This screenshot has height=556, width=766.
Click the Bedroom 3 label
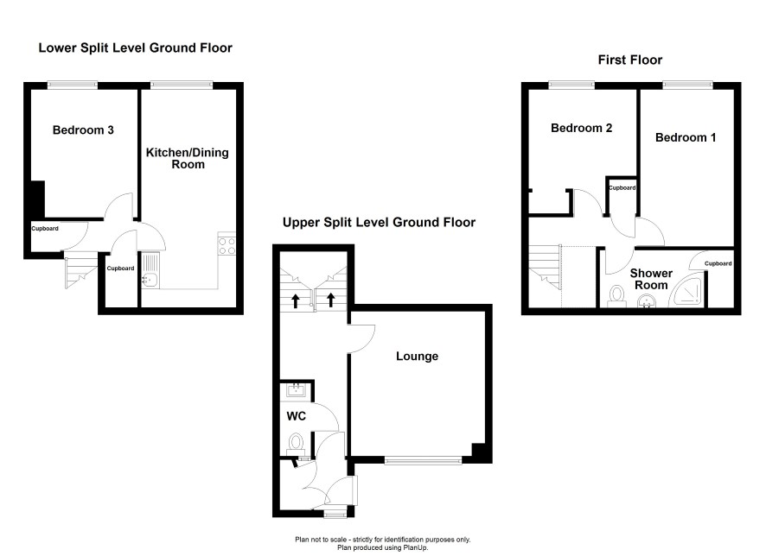coord(83,130)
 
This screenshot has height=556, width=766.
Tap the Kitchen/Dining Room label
coord(188,158)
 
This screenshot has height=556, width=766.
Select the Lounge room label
coord(417,356)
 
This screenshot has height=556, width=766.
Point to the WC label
coord(296,415)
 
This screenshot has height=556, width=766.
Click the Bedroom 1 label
coord(686,137)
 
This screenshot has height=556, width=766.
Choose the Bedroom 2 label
coord(581,128)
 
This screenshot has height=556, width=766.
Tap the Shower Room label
coord(651,279)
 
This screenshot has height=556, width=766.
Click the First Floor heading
coord(630,60)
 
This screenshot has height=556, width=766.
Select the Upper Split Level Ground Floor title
coord(379,223)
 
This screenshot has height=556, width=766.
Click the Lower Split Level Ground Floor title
coord(136,47)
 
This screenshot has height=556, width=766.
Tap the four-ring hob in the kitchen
coord(227,246)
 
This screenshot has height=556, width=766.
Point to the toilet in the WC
coord(296,443)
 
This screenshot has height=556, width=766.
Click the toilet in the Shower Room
coord(617,296)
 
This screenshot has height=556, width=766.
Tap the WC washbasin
coord(296,390)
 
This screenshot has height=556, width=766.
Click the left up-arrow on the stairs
coord(296,300)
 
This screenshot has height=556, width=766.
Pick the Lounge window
coord(423,459)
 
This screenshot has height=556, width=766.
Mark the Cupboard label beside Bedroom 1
coord(622,187)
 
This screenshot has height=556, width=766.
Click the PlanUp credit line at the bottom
coord(382,547)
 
